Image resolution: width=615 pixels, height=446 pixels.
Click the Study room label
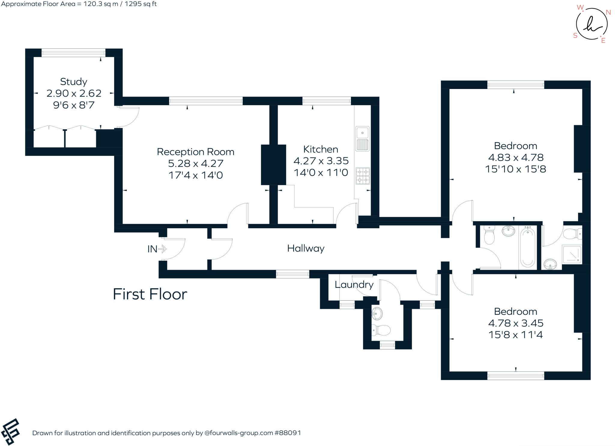click(74, 82)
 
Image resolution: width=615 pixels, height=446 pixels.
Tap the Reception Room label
click(195, 152)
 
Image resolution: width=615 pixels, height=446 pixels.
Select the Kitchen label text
click(321, 149)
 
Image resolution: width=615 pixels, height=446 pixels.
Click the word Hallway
click(306, 248)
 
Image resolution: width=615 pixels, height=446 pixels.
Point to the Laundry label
click(354, 285)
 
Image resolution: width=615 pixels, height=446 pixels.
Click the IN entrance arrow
click(162, 249)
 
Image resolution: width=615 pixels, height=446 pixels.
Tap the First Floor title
click(150, 294)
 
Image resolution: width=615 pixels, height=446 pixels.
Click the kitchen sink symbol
click(362, 139)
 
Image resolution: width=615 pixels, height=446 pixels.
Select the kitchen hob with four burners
click(363, 176)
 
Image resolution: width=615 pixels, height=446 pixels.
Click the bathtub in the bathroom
click(527, 247)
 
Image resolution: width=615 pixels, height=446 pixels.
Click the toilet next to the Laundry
click(381, 330)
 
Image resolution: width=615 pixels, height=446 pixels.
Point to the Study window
click(73, 53)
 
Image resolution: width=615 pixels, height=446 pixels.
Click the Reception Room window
click(206, 101)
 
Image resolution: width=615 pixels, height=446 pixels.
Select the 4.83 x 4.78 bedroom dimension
click(516, 157)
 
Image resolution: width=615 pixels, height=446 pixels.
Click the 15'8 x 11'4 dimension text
click(516, 335)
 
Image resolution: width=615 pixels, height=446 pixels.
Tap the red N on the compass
click(608, 12)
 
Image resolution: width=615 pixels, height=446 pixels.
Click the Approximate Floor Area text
click(79, 4)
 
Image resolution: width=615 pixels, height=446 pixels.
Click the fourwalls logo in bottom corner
click(11, 432)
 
